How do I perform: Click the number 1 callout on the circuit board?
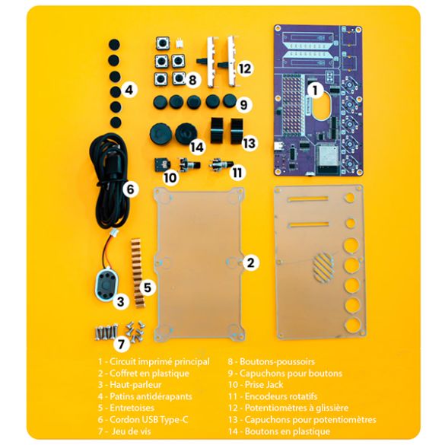click(x=315, y=91)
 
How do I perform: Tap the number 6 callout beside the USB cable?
click(x=131, y=189)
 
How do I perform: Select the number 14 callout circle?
click(x=197, y=147)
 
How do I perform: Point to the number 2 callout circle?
click(x=250, y=262)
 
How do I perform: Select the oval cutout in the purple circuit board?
click(x=322, y=105)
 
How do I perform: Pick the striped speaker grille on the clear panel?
click(x=323, y=267)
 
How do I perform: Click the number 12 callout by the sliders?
click(x=245, y=68)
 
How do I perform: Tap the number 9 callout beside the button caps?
click(x=243, y=105)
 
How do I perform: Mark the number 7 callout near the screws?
click(x=122, y=345)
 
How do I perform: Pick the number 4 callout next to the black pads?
click(x=129, y=91)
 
